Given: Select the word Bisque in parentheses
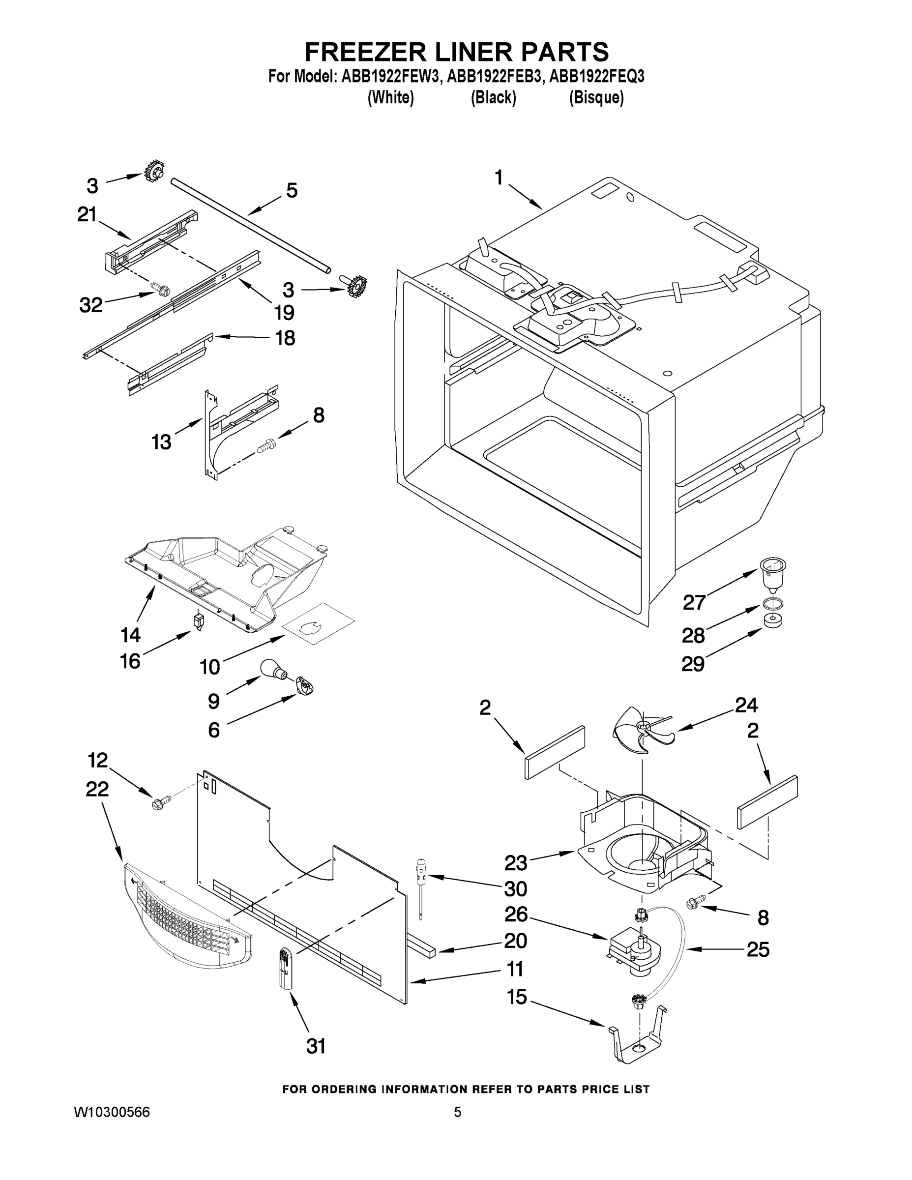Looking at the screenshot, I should [x=596, y=98].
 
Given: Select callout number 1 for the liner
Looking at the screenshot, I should [x=498, y=178].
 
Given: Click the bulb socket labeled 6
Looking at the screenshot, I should [x=305, y=687].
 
